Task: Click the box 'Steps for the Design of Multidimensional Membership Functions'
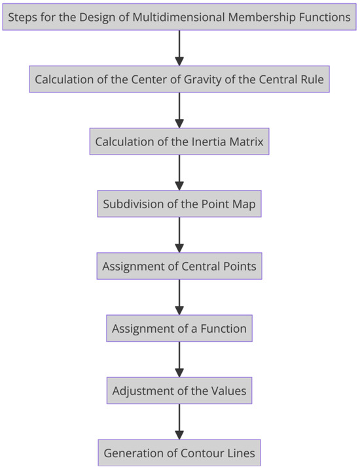179,18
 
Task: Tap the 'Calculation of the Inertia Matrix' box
179,142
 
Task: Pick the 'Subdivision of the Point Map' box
179,204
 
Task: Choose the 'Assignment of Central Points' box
179,267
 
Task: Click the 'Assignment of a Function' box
179,328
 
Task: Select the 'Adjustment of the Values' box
179,390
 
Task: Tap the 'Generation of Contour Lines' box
179,452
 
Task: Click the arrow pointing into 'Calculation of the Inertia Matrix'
179,111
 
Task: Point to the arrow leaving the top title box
179,48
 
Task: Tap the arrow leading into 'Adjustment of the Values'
179,359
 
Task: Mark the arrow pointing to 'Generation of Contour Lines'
179,421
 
